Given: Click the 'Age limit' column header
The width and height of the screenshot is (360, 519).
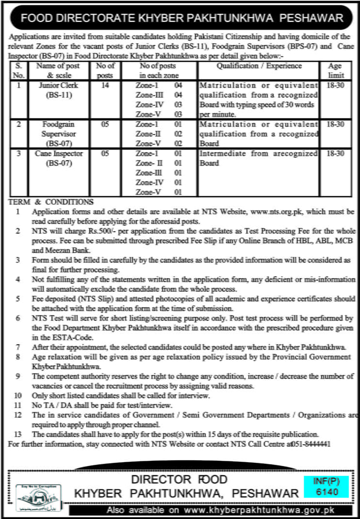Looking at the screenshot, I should coord(335,70).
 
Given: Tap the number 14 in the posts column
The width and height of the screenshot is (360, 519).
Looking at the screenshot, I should coord(105,85).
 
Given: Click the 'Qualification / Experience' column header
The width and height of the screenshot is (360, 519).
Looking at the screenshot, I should coord(258,66).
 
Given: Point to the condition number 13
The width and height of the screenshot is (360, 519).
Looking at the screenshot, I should coord(18,434).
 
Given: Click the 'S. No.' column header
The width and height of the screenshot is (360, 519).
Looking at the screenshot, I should coord(18,70).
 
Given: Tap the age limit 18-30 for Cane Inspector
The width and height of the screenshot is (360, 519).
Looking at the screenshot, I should coord(335,153).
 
